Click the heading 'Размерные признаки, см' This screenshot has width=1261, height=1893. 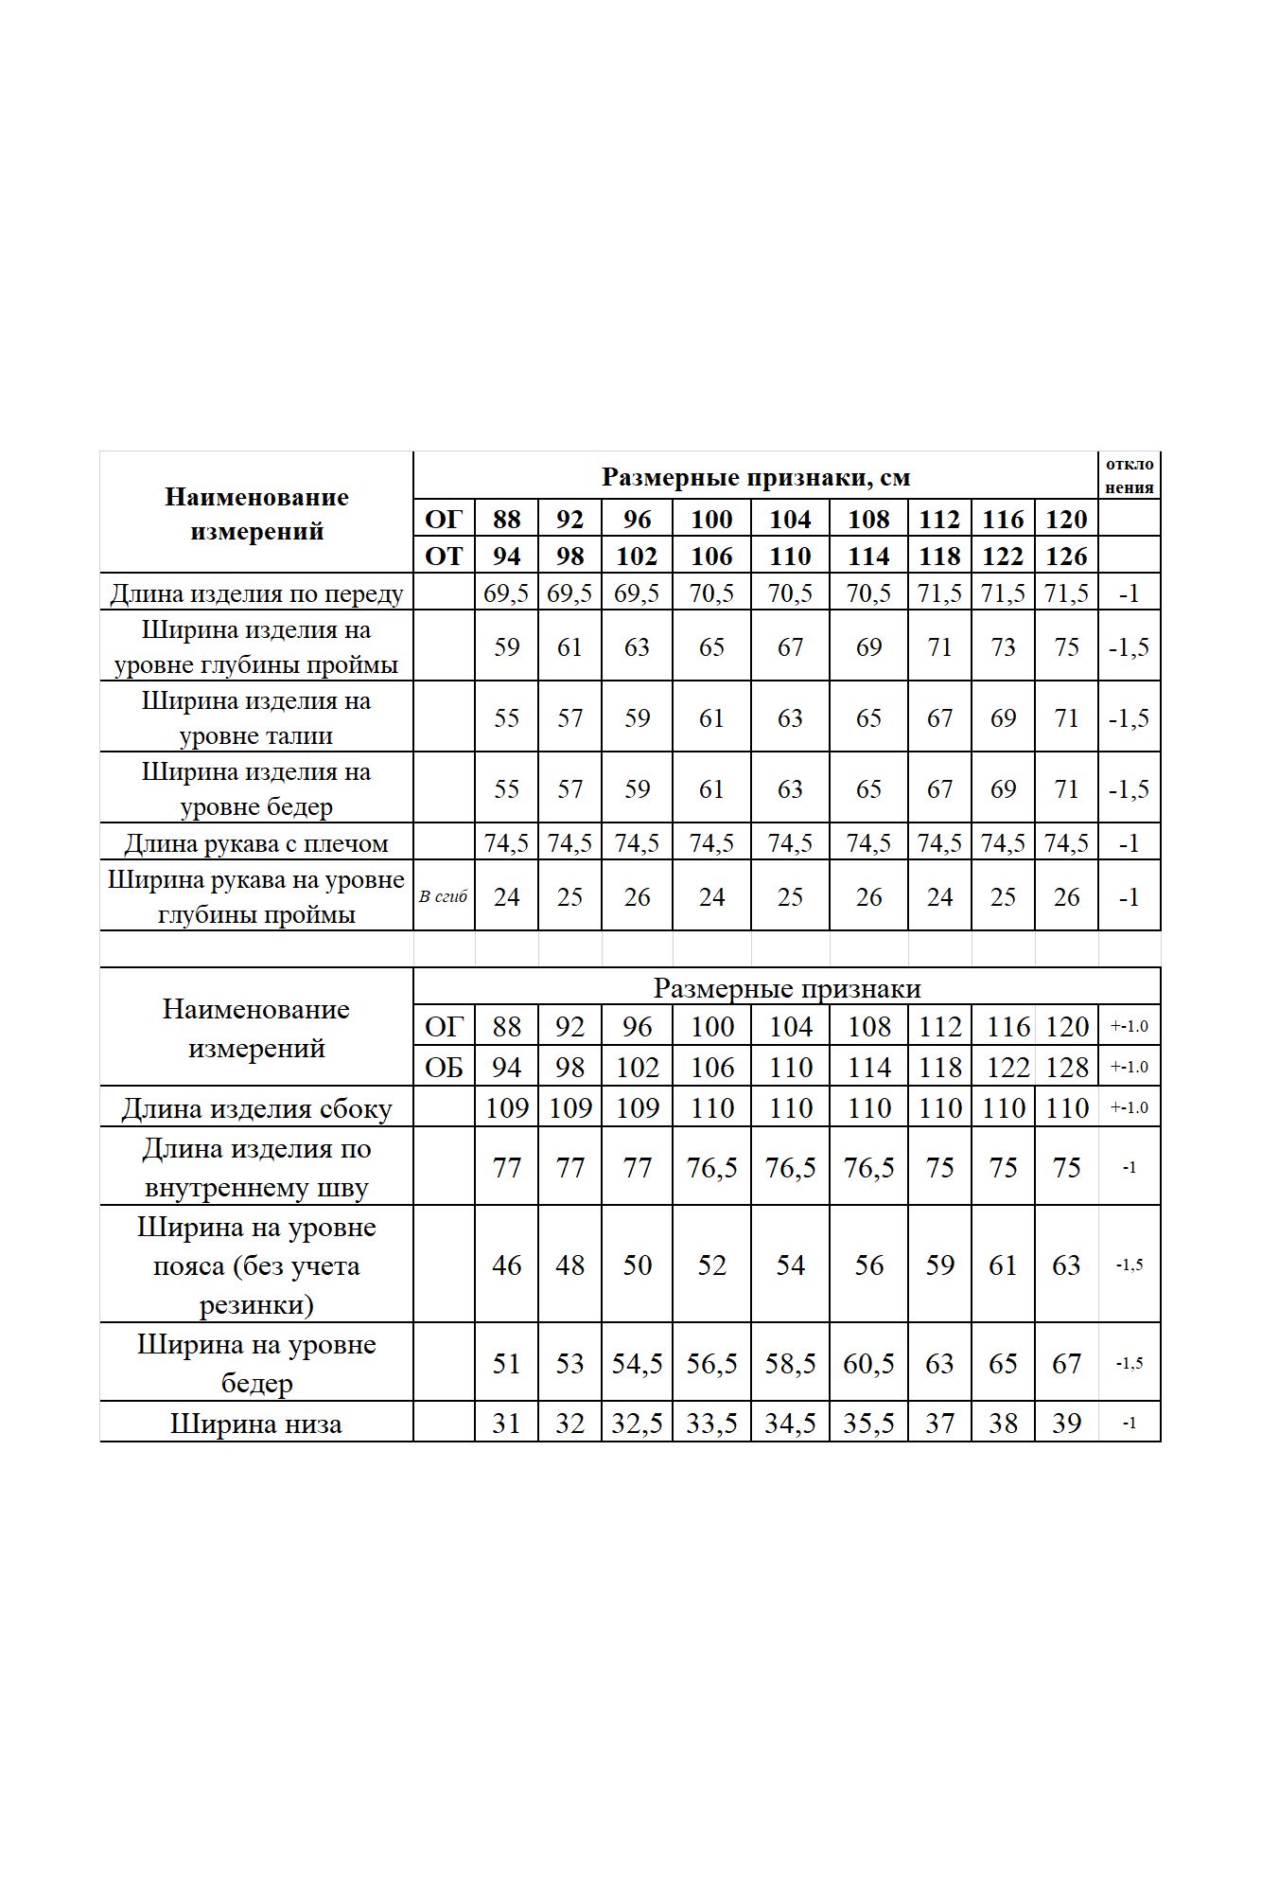[x=755, y=477]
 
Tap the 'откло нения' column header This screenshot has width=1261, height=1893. [x=1129, y=475]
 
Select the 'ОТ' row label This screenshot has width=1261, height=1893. [x=444, y=556]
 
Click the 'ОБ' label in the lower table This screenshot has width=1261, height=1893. [x=444, y=1068]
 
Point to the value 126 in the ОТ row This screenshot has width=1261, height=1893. [x=1066, y=556]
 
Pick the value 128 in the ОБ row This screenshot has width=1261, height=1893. [x=1066, y=1068]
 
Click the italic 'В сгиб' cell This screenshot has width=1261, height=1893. [x=444, y=896]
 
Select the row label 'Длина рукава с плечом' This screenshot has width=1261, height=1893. [x=256, y=843]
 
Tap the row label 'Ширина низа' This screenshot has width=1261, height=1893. [x=256, y=1424]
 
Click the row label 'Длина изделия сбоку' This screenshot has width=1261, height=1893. [x=256, y=1108]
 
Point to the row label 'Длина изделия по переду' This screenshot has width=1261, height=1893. [x=256, y=593]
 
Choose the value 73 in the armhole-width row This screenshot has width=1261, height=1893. [x=1003, y=647]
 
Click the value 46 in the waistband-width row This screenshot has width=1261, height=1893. [x=506, y=1265]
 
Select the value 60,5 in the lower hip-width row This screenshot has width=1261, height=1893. [x=868, y=1364]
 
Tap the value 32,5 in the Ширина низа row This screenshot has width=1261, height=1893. [x=637, y=1424]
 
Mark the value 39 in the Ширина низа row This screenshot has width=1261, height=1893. [x=1066, y=1424]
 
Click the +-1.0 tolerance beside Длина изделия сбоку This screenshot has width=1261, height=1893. [x=1129, y=1107]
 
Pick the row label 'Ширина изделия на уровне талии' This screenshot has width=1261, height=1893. [x=256, y=718]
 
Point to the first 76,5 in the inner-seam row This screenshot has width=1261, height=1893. [x=711, y=1168]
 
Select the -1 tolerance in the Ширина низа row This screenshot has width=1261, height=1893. [x=1129, y=1424]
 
